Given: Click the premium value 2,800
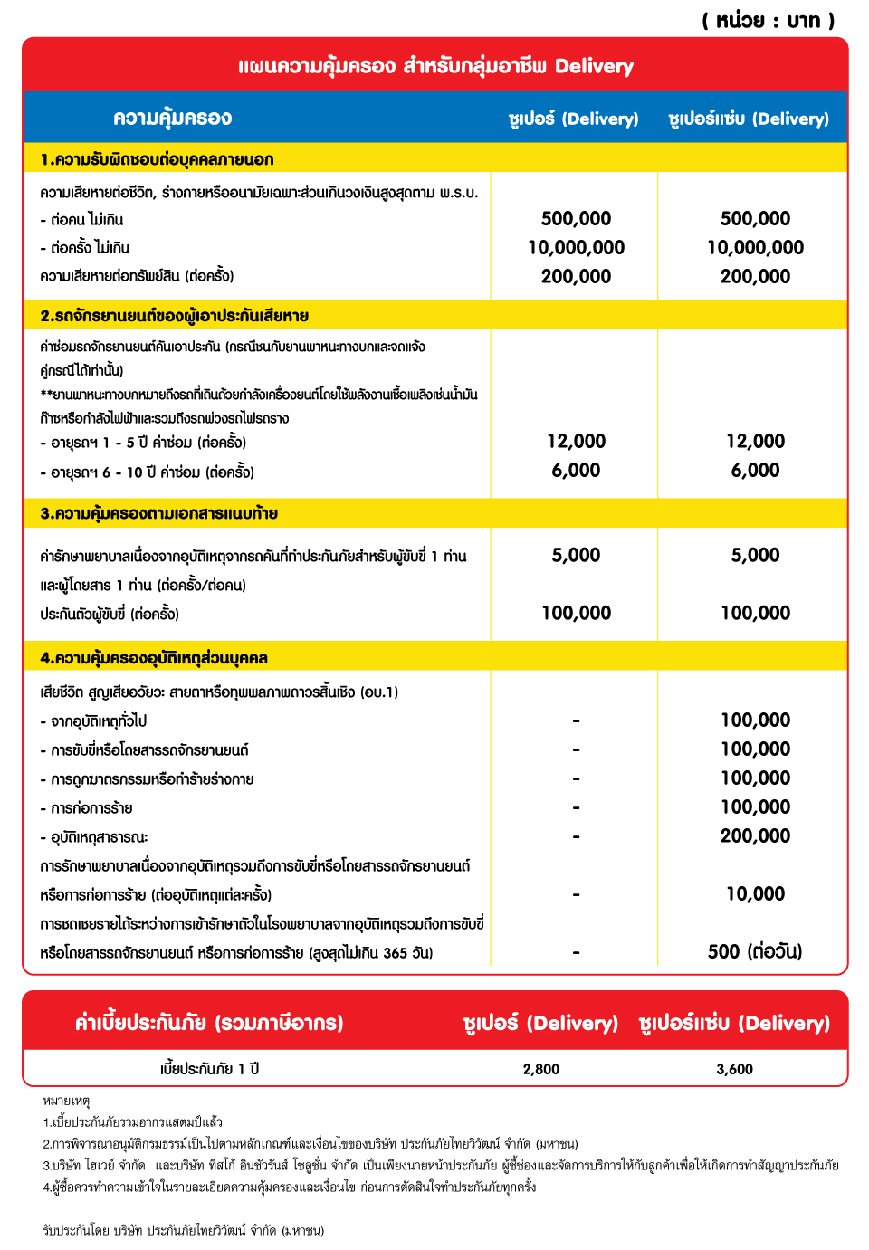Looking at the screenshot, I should pyautogui.click(x=541, y=1069).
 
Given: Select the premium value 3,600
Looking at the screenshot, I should pyautogui.click(x=734, y=1069).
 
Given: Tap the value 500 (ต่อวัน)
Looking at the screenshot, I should pyautogui.click(x=755, y=951).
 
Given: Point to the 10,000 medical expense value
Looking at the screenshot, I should pyautogui.click(x=755, y=894).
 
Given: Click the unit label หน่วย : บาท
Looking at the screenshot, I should pyautogui.click(x=768, y=20).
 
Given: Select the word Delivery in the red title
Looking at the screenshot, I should pyautogui.click(x=594, y=66).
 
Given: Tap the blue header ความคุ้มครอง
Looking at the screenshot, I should pyautogui.click(x=172, y=119).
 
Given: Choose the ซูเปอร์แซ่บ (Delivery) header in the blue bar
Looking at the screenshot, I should pyautogui.click(x=749, y=119).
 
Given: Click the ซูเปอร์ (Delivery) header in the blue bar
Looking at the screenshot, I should pyautogui.click(x=573, y=119).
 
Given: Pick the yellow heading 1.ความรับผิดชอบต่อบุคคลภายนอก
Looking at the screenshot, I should pyautogui.click(x=157, y=160).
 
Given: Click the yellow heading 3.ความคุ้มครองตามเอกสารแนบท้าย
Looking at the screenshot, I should pyautogui.click(x=158, y=514).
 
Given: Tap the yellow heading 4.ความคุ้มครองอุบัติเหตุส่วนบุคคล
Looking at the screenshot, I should pyautogui.click(x=154, y=658).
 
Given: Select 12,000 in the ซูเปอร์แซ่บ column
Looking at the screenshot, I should pyautogui.click(x=755, y=442).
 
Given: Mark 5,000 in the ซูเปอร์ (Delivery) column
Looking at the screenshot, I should pyautogui.click(x=576, y=556).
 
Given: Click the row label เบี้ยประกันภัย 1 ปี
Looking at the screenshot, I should pyautogui.click(x=209, y=1069).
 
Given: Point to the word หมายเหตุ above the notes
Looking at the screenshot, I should pyautogui.click(x=66, y=1101).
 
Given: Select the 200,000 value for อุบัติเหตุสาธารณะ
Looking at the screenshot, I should pyautogui.click(x=755, y=836).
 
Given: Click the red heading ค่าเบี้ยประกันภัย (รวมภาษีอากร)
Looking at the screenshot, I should pyautogui.click(x=209, y=1023).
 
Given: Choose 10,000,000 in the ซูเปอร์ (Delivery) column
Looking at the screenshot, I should pyautogui.click(x=576, y=248).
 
